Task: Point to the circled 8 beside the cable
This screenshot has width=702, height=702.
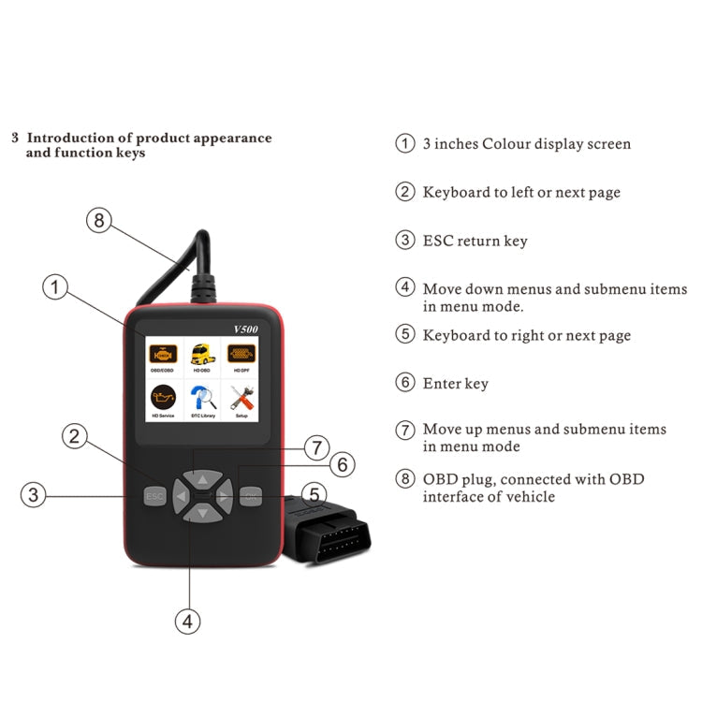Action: [99, 221]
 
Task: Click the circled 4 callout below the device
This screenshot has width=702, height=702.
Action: [189, 621]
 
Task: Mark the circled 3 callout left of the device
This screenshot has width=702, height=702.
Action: [35, 494]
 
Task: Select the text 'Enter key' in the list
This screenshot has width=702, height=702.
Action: [456, 383]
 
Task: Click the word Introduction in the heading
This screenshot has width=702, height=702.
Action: [70, 138]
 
